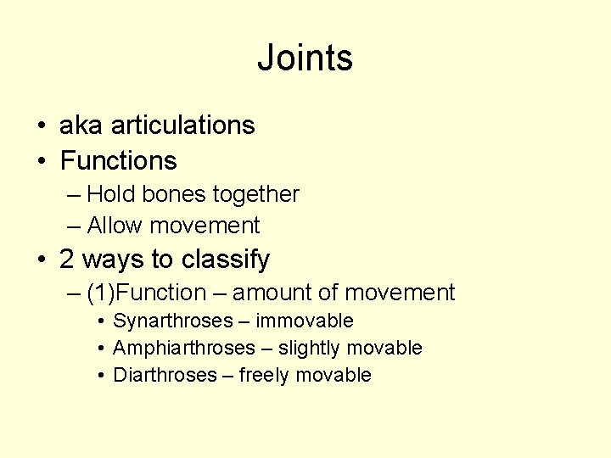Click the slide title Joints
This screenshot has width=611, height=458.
(x=305, y=59)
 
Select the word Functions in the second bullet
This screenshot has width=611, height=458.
(x=119, y=160)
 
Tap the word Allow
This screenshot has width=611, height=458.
(x=115, y=226)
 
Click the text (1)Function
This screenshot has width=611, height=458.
(x=146, y=293)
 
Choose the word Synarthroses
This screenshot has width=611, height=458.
(x=173, y=321)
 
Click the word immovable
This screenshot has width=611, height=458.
(x=305, y=321)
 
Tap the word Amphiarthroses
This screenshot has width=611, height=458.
(x=184, y=349)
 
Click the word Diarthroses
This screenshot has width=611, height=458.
(x=165, y=376)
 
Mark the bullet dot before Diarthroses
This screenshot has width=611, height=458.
(x=100, y=376)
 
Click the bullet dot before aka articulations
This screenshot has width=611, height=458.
(x=42, y=126)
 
